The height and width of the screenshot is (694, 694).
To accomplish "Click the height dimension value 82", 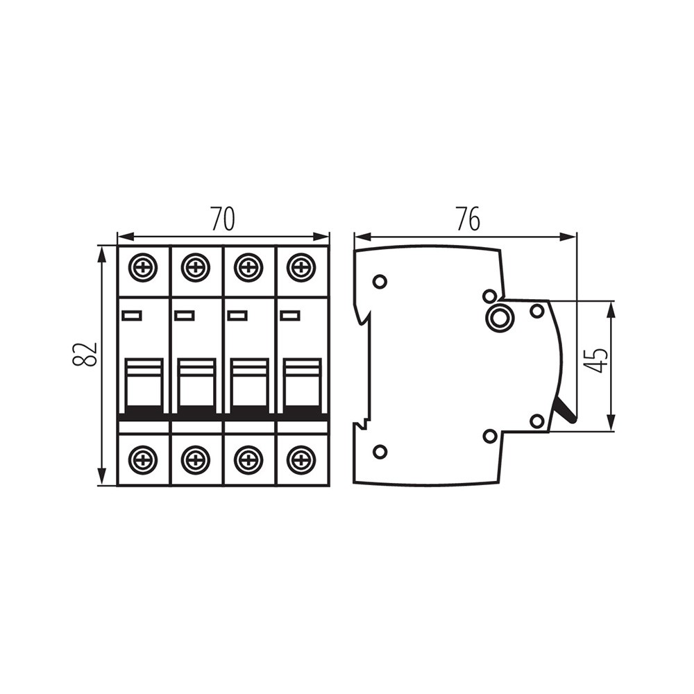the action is coord(84,354).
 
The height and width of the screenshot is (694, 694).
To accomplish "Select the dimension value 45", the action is coord(595,360).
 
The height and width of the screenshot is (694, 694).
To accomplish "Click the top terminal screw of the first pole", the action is coord(143,267).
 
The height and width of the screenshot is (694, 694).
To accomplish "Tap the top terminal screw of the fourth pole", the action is coord(301,267).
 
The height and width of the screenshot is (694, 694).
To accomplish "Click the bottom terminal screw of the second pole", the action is coord(196,459).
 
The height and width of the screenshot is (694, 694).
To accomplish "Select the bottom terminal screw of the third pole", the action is coord(248,459).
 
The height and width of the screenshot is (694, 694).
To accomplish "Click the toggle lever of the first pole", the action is coord(145,384).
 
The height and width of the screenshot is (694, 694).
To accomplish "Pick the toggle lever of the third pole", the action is coord(250,384).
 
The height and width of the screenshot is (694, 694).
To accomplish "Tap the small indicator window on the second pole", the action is coord(184,315).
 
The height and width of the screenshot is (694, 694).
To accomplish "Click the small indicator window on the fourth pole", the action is coord(289,315).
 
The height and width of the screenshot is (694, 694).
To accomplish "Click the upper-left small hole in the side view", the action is coord(380,282).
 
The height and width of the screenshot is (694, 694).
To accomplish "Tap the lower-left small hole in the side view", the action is coord(380,452).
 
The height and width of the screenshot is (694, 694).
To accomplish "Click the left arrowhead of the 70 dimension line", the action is coord(126,237).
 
